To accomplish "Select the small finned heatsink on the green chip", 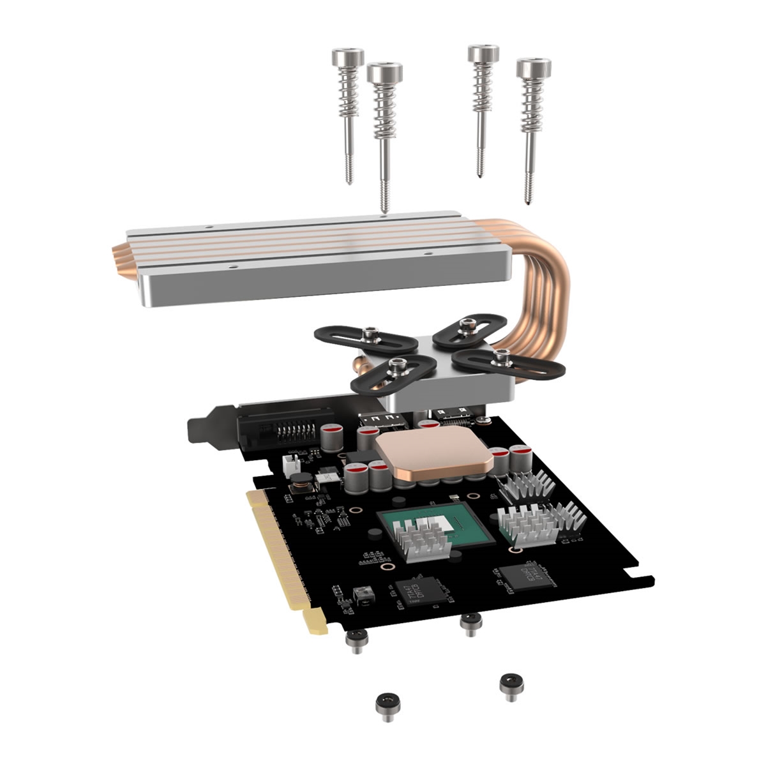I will tap(418, 539).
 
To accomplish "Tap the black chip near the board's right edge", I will tap(527, 574).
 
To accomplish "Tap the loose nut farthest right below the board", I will tap(511, 684).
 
